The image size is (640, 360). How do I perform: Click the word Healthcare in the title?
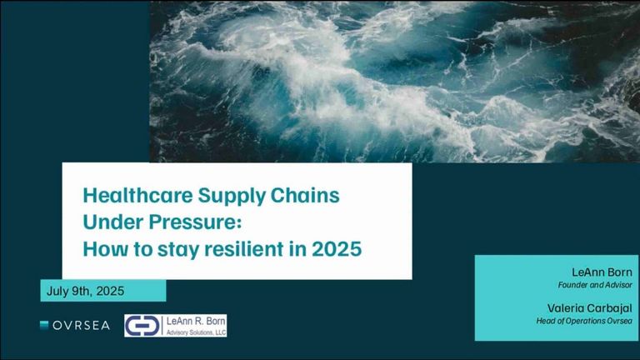click(x=138, y=195)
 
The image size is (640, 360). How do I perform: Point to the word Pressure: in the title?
click(x=195, y=222)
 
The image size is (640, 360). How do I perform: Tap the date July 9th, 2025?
click(x=85, y=291)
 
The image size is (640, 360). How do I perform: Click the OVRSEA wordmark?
click(x=81, y=325)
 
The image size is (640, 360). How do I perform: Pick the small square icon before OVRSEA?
click(x=44, y=325)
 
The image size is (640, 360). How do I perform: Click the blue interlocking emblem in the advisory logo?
click(x=142, y=326)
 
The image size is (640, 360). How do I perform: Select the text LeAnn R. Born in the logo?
click(x=196, y=321)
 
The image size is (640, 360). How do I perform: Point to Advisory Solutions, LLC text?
click(x=196, y=332)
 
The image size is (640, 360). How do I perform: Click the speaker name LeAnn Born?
click(x=602, y=272)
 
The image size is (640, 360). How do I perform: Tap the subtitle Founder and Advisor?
click(x=595, y=285)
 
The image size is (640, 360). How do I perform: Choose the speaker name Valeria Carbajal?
click(x=590, y=308)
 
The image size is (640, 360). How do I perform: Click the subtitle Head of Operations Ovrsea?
click(x=584, y=321)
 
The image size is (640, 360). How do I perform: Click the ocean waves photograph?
click(x=395, y=82)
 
